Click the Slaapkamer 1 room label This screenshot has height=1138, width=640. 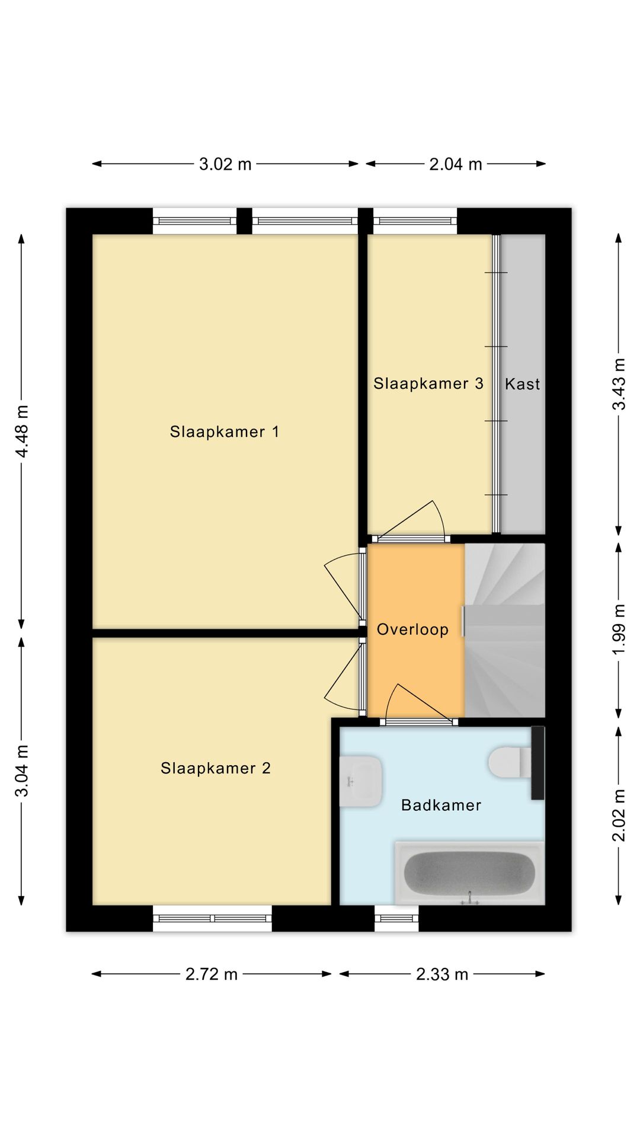[224, 431]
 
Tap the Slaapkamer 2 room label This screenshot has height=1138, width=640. [216, 768]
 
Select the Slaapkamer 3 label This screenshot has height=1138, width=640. [428, 383]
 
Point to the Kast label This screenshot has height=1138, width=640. [522, 384]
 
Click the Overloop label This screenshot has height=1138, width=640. [412, 629]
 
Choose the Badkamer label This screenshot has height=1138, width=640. [441, 805]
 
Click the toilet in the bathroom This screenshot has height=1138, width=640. [510, 762]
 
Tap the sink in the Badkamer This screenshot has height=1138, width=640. [360, 781]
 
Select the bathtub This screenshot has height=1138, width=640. [469, 872]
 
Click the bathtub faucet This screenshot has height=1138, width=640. [470, 899]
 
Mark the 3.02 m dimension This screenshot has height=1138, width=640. [225, 164]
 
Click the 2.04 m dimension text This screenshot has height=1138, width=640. [456, 164]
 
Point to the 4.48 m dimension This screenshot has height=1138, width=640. [22, 431]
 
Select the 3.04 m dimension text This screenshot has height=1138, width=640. [22, 771]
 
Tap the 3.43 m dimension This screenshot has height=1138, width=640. [619, 384]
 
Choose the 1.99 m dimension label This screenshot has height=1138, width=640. [619, 629]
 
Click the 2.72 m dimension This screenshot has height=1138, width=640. [212, 974]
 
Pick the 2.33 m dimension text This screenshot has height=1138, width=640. [442, 974]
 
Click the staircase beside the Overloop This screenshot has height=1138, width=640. [505, 629]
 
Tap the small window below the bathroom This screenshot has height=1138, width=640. [397, 918]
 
